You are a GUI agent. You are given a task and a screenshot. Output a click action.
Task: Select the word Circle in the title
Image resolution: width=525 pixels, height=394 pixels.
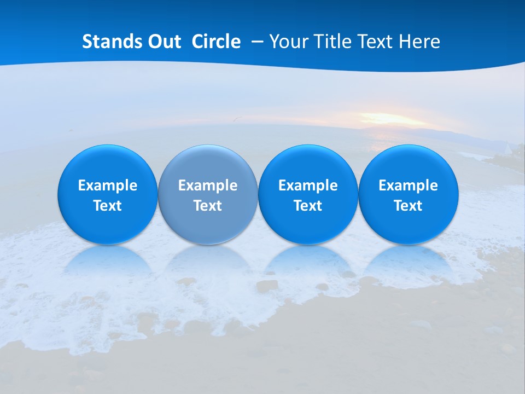(x=216, y=42)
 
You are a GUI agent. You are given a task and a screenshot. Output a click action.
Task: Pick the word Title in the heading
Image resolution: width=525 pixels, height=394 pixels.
(x=331, y=42)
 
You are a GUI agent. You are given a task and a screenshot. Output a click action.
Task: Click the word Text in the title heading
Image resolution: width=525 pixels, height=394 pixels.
(x=376, y=42)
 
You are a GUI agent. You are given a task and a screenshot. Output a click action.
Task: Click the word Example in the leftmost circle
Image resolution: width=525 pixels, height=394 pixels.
(x=108, y=186)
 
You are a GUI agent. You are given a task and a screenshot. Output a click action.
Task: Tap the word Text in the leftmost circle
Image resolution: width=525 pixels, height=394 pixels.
(x=108, y=206)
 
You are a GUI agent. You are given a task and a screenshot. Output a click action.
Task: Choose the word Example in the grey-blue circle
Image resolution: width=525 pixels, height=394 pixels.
(x=208, y=186)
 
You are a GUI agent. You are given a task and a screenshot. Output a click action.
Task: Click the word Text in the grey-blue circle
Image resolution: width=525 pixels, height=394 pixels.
(x=208, y=206)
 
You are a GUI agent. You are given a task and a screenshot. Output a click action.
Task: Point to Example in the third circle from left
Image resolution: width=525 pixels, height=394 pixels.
(x=308, y=186)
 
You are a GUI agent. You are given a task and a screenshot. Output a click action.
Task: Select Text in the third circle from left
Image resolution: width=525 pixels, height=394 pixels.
(x=308, y=206)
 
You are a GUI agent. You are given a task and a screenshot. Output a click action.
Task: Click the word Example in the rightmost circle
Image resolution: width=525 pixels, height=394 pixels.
(x=408, y=186)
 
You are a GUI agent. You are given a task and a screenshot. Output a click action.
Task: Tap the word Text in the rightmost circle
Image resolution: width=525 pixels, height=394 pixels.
(x=408, y=206)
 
